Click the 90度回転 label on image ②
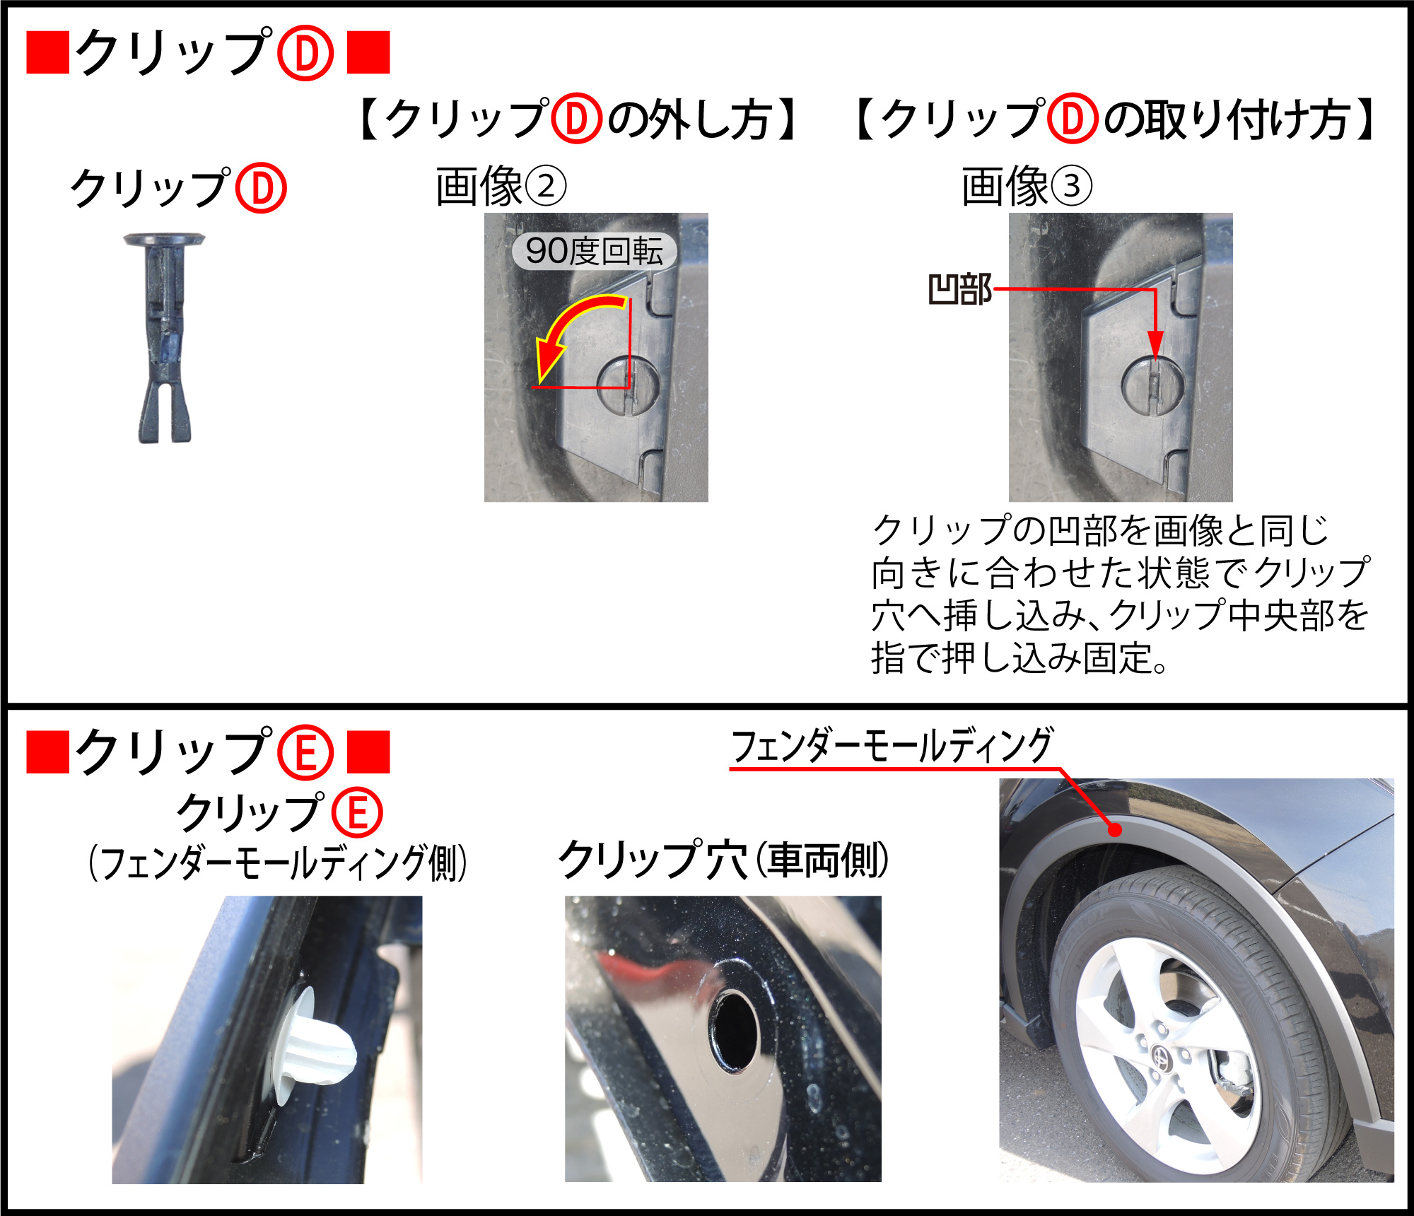tap(594, 251)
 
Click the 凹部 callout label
tap(959, 290)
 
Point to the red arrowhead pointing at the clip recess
tap(1155, 346)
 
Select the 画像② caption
tap(501, 187)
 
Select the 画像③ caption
tap(1027, 187)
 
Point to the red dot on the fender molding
tap(1115, 829)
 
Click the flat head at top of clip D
tap(164, 240)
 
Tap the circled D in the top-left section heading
tap(305, 53)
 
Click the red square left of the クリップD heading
tap(47, 52)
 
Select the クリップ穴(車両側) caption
tap(723, 860)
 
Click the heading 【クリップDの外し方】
tap(578, 119)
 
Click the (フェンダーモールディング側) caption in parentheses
tap(278, 863)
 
